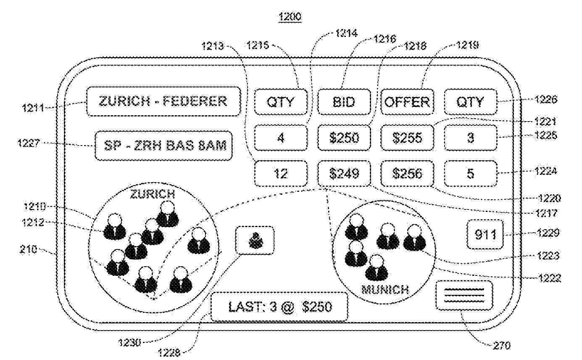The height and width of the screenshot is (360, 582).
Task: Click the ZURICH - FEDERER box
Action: (163, 101)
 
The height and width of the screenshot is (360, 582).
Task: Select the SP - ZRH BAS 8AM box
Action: (163, 146)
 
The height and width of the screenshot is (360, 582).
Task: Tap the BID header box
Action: (344, 102)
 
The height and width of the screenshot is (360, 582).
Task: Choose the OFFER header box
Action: (406, 102)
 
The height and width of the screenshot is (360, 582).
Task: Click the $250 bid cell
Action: (344, 138)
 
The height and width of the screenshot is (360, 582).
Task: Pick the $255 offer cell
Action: (406, 138)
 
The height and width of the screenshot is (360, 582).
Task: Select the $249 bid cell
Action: (344, 173)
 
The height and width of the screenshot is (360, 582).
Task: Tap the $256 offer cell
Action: (406, 173)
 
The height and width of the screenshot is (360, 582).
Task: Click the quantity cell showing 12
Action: (280, 173)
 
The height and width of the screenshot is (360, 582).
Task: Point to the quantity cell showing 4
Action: (280, 138)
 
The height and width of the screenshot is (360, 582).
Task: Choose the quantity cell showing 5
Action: (470, 173)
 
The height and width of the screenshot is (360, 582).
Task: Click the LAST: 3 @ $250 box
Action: (279, 307)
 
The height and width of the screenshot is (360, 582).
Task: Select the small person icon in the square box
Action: (255, 241)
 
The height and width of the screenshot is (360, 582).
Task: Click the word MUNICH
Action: (385, 290)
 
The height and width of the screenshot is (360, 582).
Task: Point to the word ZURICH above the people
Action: (152, 194)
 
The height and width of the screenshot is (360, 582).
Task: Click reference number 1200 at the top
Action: (290, 17)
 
